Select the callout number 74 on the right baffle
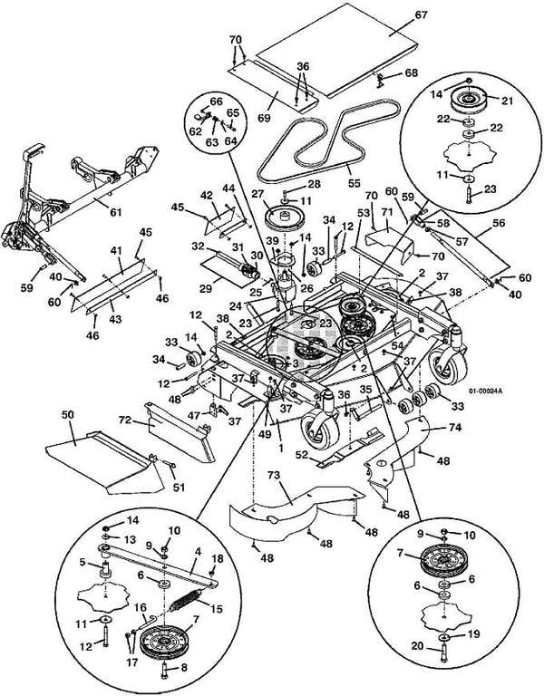click(456, 427)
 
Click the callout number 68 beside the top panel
click(412, 72)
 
